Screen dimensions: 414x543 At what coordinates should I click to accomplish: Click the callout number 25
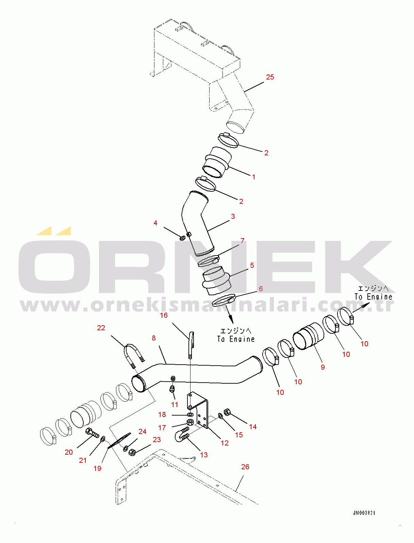tap(270, 77)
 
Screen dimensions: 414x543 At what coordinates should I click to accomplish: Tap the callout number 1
tap(253, 177)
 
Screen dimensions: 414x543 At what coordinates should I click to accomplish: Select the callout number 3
tap(233, 216)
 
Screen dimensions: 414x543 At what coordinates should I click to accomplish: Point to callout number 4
tap(155, 223)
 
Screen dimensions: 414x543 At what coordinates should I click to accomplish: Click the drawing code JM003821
tap(364, 513)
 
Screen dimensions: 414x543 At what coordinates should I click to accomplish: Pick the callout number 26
tap(245, 467)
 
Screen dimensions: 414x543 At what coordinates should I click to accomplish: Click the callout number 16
tap(164, 315)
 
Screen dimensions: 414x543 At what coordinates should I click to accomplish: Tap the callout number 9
tap(322, 367)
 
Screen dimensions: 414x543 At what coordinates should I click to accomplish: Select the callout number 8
tap(154, 338)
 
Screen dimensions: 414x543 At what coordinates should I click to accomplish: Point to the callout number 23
tap(157, 440)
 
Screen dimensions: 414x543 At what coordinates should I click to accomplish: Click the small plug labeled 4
tap(182, 238)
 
